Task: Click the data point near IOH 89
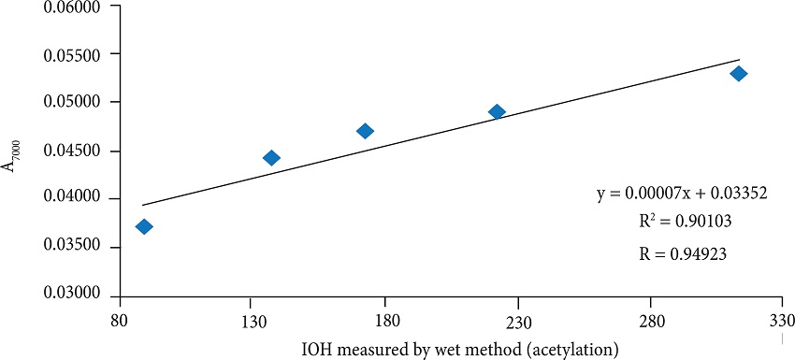click(144, 226)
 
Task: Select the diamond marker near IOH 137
click(271, 158)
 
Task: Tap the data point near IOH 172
click(365, 131)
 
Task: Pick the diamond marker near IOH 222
click(497, 111)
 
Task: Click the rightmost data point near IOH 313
click(738, 73)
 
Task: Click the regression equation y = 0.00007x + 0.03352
click(681, 194)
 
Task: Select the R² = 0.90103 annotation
click(680, 222)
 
